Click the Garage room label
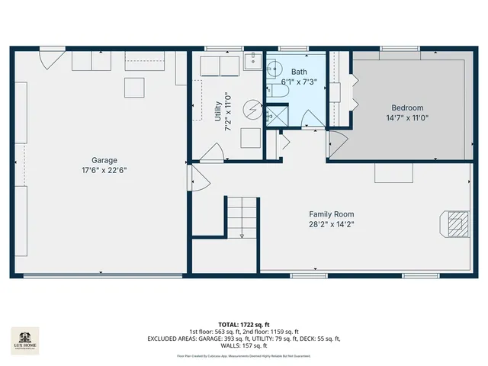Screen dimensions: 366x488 104,160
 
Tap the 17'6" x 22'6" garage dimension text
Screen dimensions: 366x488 104,170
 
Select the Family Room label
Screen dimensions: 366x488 331,214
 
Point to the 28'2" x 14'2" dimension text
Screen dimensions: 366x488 331,224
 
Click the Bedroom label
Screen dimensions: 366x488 407,108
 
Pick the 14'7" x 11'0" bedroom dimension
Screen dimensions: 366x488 407,118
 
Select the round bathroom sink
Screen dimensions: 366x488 277,66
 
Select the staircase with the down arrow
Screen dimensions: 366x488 240,217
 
